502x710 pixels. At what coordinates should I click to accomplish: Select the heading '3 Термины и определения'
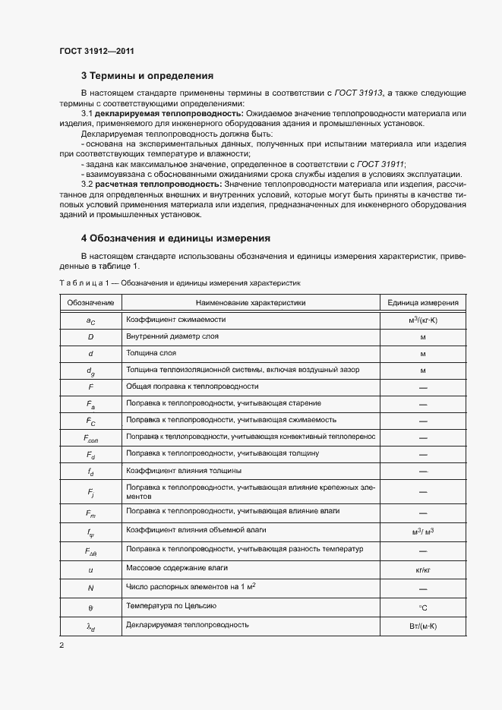point(147,76)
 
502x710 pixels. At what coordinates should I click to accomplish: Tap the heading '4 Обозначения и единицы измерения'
point(175,238)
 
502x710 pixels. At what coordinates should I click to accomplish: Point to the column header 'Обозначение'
point(90,303)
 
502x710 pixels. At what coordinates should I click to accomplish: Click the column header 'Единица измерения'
point(423,303)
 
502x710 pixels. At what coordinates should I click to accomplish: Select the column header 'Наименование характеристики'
point(245,303)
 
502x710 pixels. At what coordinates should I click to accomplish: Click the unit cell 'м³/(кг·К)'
point(423,320)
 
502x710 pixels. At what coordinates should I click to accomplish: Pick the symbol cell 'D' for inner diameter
point(90,336)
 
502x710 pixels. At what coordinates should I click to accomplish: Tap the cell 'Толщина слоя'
point(151,353)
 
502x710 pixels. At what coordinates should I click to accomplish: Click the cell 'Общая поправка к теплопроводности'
point(192,386)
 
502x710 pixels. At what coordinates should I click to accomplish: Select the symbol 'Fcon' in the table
point(90,438)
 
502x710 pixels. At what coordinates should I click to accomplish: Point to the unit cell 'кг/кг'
point(423,569)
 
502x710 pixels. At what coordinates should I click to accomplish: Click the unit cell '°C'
point(423,607)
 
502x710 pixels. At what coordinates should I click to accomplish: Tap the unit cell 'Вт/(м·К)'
point(423,626)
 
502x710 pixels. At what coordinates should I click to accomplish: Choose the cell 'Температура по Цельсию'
point(172,605)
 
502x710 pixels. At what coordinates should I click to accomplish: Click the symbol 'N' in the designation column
point(90,588)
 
